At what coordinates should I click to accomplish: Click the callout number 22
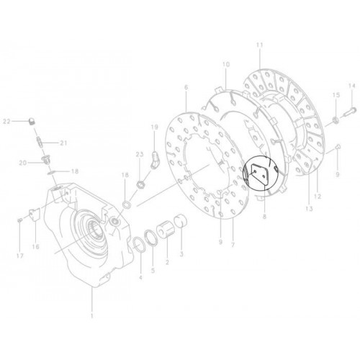point(6,122)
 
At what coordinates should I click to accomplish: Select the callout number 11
point(260,45)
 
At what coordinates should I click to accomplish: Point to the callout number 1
point(91,316)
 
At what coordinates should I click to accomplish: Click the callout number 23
point(140,154)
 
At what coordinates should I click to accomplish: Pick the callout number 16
point(36,246)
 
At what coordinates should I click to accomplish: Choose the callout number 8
point(264,217)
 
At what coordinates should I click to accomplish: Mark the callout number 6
point(186,88)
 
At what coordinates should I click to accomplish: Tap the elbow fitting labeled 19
point(154,160)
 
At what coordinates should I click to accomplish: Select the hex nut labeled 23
point(140,184)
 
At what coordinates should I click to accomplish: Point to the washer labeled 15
point(336,120)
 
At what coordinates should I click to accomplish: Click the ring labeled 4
point(139,244)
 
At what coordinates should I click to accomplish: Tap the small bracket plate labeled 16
point(35,215)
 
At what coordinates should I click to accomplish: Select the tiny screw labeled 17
point(19,219)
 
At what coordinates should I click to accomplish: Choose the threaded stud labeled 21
point(40,143)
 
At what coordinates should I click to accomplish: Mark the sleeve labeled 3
point(181,220)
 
